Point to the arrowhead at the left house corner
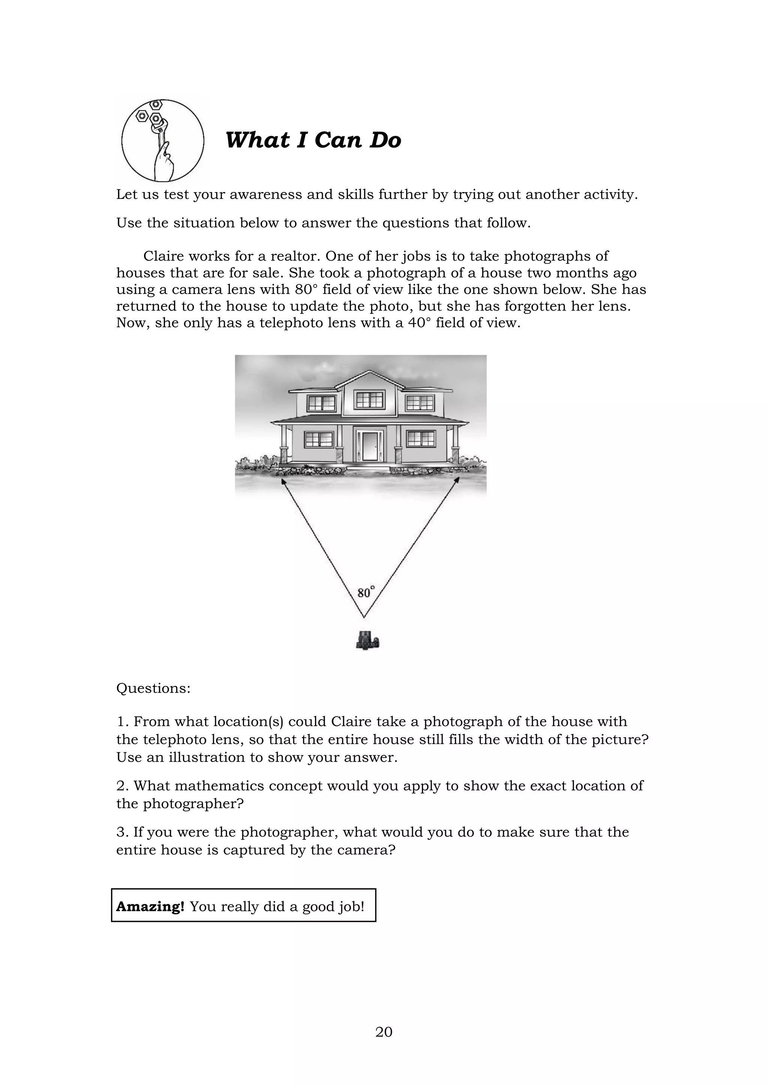point(283,481)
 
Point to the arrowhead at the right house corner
point(457,480)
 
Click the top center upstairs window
point(369,400)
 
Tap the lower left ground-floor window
point(319,439)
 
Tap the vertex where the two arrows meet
point(364,617)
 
